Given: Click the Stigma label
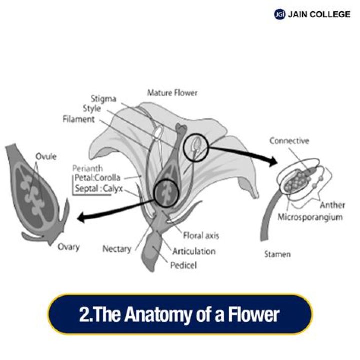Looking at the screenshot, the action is (x=104, y=99).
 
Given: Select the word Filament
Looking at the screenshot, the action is (x=79, y=119).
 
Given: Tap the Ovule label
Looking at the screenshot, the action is (x=46, y=156).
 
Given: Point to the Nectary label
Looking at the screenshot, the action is (x=117, y=249).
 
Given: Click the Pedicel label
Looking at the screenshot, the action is (x=183, y=265).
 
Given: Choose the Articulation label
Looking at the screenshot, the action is (x=194, y=251).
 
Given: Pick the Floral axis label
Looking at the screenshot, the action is (x=201, y=236).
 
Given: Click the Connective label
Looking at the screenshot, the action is (x=289, y=140).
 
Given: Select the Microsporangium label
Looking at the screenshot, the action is (x=310, y=217).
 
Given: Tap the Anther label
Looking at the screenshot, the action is (x=332, y=205).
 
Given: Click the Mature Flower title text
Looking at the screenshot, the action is (x=172, y=93).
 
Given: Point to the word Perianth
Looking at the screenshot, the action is (x=87, y=168).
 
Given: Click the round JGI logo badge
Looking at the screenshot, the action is (x=280, y=14).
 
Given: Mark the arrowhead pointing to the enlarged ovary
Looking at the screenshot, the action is (x=81, y=217).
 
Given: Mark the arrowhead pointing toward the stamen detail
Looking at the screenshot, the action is (x=273, y=161).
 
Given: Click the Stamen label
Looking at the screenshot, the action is (x=277, y=254).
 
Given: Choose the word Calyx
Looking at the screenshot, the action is (x=113, y=189).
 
